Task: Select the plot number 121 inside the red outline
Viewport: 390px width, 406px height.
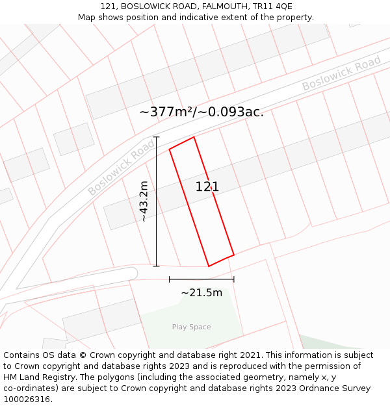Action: [207, 187]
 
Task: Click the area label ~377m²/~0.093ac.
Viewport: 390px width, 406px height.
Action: [201, 112]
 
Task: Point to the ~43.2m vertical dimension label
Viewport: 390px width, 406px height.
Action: [144, 202]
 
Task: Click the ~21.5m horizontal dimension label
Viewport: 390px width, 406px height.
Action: [201, 293]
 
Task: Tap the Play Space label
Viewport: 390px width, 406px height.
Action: [191, 327]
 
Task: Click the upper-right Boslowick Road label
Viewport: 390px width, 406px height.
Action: [341, 74]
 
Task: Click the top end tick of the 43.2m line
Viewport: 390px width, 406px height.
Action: [156, 137]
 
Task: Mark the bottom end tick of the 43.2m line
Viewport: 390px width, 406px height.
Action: [156, 266]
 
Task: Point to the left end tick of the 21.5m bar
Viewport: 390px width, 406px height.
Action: [169, 279]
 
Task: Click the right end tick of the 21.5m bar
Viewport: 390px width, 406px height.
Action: [234, 279]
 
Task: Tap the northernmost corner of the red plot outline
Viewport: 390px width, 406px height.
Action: [194, 137]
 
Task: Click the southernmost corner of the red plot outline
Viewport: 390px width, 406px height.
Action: [209, 266]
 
